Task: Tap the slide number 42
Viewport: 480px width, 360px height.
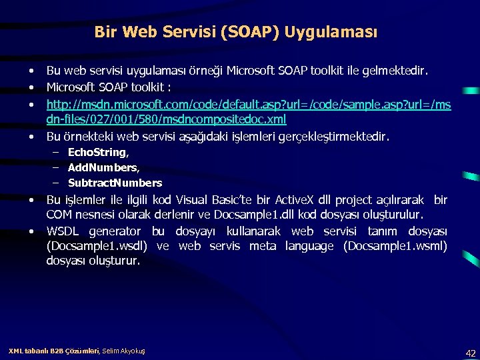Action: pyautogui.click(x=470, y=353)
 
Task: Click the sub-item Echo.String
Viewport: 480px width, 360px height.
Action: pyautogui.click(x=97, y=153)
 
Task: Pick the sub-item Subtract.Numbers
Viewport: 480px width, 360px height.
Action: pyautogui.click(x=115, y=183)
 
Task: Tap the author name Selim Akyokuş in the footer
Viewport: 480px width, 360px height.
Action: pyautogui.click(x=123, y=351)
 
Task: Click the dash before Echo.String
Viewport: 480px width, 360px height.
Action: pyautogui.click(x=55, y=153)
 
